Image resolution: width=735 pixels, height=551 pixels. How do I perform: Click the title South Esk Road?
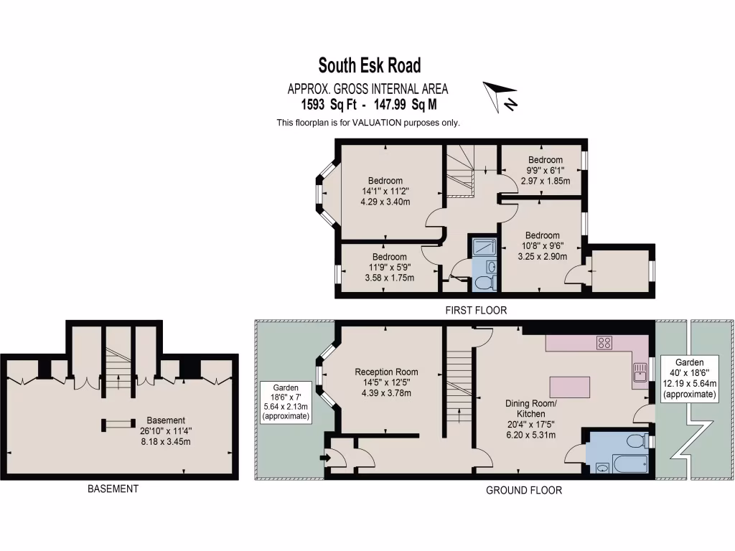[370, 66]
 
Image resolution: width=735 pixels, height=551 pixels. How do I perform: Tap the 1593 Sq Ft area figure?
[332, 105]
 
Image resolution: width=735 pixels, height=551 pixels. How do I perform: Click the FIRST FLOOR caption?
[477, 311]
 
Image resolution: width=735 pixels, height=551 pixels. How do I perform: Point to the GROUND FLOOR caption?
[524, 491]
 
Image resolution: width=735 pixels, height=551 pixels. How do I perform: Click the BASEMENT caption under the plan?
[113, 489]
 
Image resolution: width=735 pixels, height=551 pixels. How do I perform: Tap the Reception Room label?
[386, 372]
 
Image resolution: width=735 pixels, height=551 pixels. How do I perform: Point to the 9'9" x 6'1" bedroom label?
[545, 170]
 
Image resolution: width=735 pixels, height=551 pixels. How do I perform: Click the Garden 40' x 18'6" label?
[689, 378]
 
